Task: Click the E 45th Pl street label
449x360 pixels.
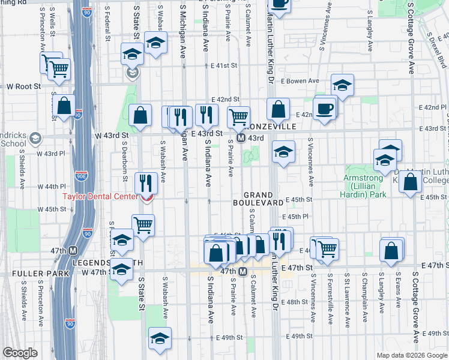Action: click(297, 216)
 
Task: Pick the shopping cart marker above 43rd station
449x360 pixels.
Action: click(239, 116)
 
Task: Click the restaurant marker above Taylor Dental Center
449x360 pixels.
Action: click(145, 181)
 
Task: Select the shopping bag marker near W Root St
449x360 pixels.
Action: click(65, 106)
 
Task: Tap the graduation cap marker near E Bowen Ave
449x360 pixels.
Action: click(342, 86)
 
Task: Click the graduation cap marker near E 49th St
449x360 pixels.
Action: click(160, 339)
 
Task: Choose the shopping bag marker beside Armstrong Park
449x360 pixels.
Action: click(411, 181)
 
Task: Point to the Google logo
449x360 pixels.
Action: click(20, 353)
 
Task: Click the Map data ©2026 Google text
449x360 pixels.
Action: click(412, 355)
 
